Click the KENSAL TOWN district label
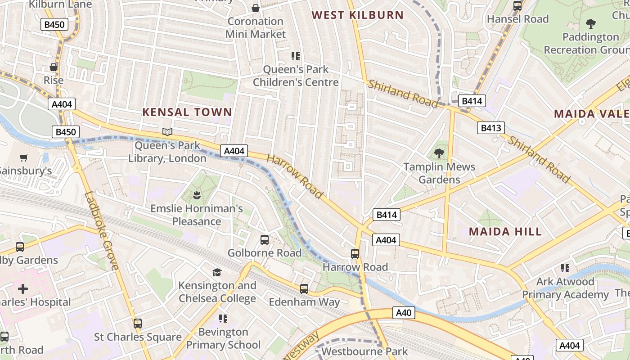(x=187, y=112)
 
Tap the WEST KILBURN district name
(x=358, y=15)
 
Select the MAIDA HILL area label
(x=505, y=232)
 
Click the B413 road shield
(x=490, y=128)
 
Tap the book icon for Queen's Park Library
(x=167, y=132)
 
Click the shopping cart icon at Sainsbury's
(x=23, y=157)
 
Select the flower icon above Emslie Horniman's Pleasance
(x=196, y=195)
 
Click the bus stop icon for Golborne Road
(x=265, y=239)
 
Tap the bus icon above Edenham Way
(x=304, y=288)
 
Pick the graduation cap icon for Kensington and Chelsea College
(x=217, y=272)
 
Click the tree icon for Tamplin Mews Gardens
(x=439, y=153)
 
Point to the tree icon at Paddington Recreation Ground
(x=590, y=23)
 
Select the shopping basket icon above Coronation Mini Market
(x=256, y=8)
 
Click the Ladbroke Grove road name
(x=101, y=231)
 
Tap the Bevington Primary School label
(x=223, y=338)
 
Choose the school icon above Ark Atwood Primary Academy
(x=565, y=268)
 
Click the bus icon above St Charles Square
(x=138, y=323)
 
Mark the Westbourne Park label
(x=364, y=351)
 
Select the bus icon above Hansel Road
(x=517, y=6)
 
